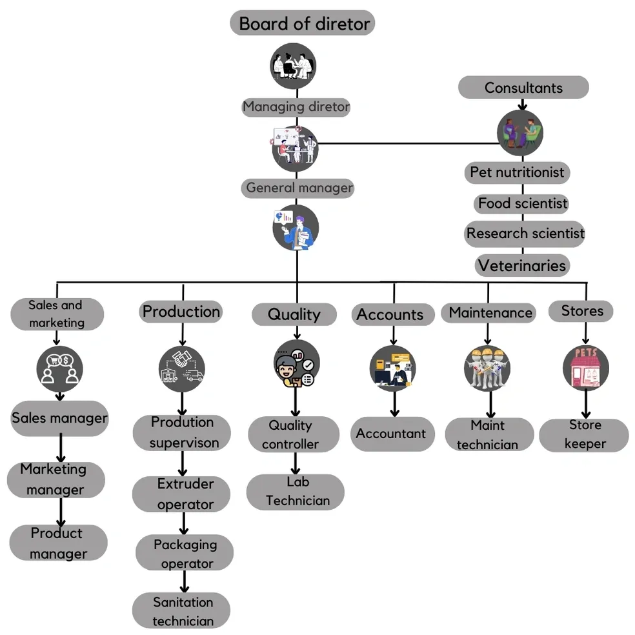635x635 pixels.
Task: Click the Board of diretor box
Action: coord(303,23)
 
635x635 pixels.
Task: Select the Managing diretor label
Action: coord(296,106)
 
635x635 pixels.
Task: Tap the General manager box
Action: coord(298,188)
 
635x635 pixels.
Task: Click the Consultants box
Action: coord(523,88)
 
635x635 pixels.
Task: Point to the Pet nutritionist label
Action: coord(517,172)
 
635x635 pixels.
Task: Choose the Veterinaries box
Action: coord(522,265)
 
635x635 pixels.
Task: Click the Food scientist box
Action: coord(522,204)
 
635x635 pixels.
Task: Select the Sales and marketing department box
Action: coord(57,314)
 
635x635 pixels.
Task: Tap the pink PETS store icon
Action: coord(585,368)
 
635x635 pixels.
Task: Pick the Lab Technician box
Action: coord(296,492)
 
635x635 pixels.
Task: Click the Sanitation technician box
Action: coord(182,611)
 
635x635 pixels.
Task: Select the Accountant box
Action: coord(392,434)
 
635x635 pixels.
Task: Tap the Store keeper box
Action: coord(585,434)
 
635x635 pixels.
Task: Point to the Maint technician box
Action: coord(489,435)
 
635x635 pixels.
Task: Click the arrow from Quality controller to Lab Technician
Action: coord(296,463)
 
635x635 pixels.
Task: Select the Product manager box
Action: coord(58,543)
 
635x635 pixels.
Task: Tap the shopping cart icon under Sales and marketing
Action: coord(59,367)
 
